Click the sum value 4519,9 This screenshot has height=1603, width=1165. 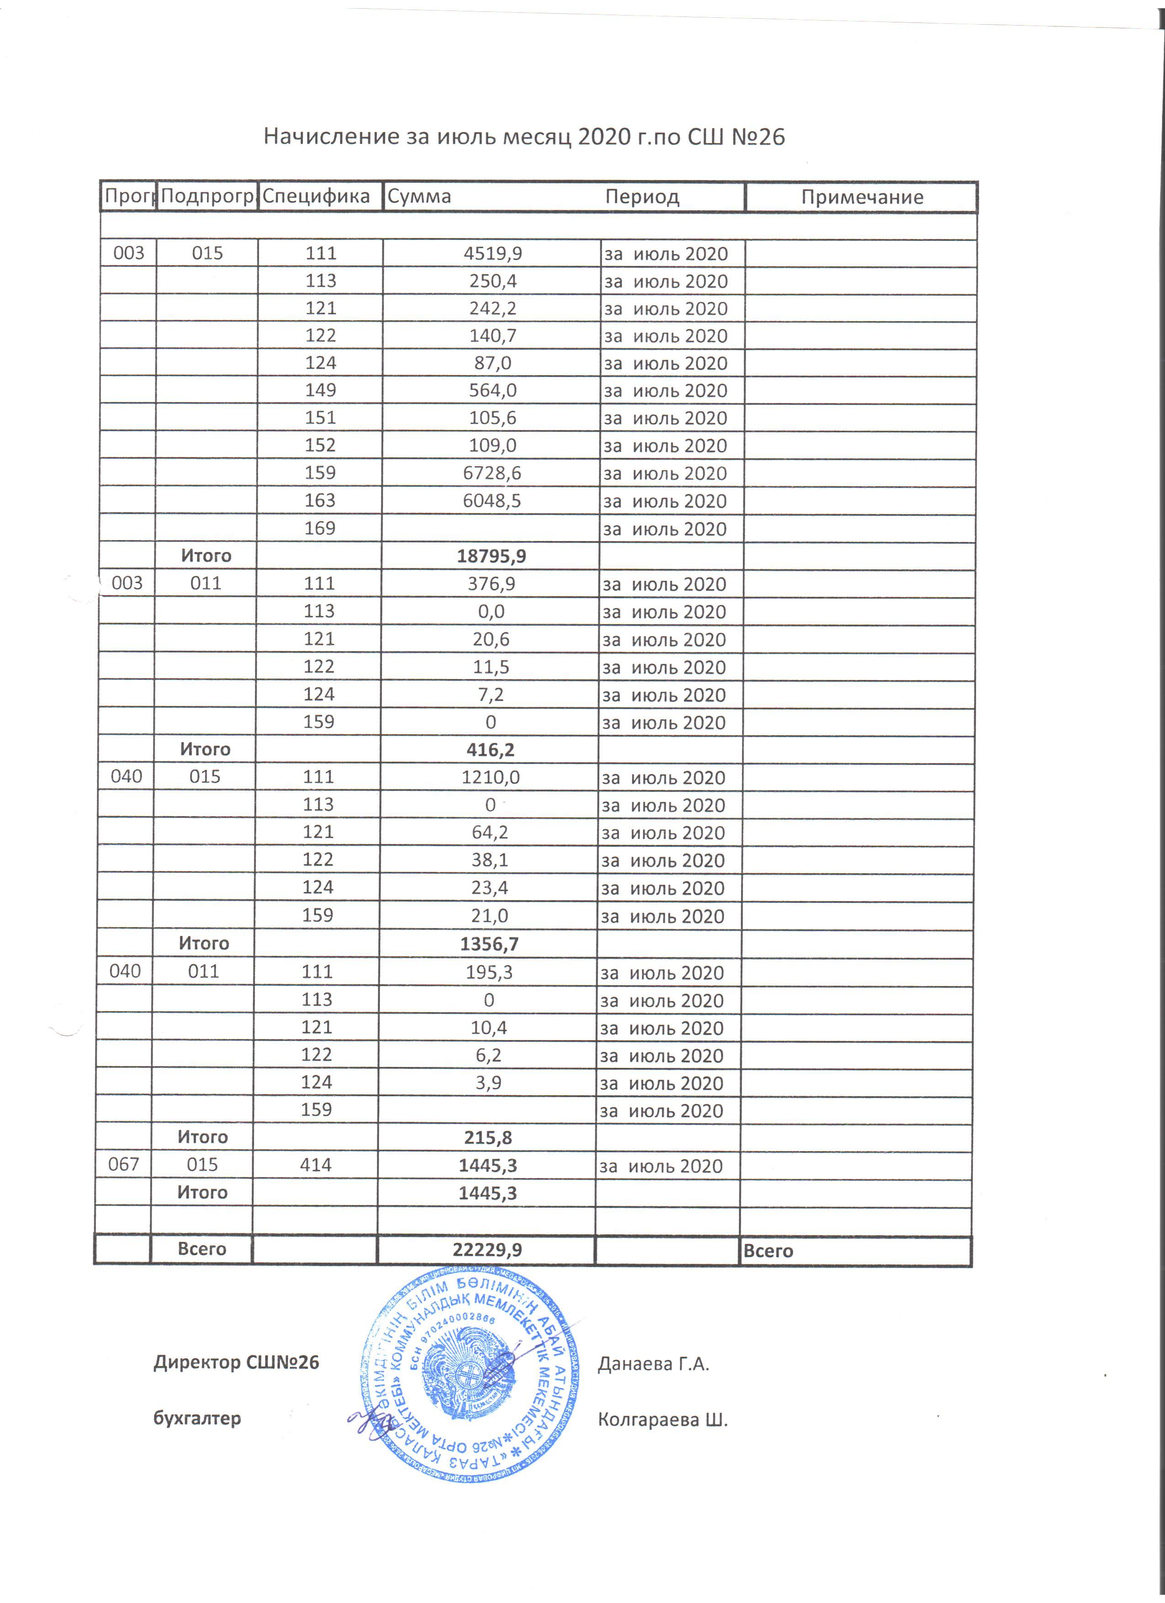point(492,253)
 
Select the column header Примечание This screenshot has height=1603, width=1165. point(862,197)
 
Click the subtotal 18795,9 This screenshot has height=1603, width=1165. point(491,556)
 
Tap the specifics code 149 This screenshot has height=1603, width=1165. point(320,390)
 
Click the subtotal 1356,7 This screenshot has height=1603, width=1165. point(489,944)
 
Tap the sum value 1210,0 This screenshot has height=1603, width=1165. point(490,777)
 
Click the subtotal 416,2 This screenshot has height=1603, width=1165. point(490,750)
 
